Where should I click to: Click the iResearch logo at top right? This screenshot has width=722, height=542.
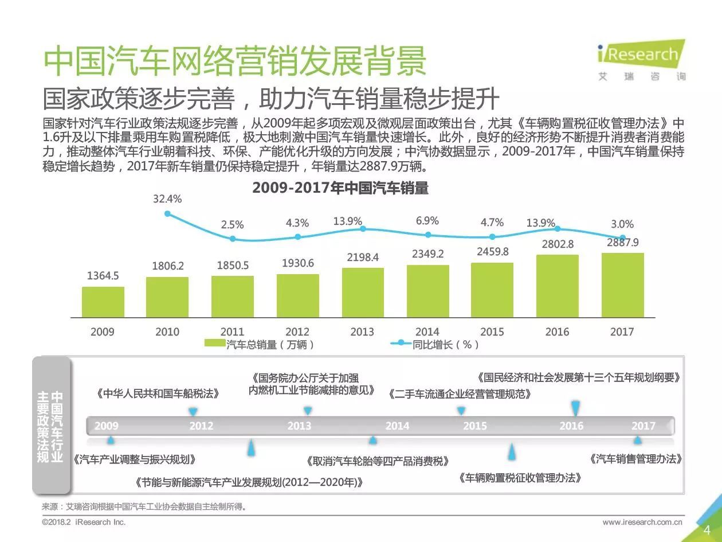[x=641, y=59]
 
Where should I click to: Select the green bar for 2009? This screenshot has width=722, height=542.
[x=103, y=302]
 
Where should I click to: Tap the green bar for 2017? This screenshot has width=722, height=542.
[x=622, y=285]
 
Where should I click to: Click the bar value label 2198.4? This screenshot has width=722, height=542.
[x=363, y=258]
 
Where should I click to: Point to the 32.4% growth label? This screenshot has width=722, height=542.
[x=167, y=199]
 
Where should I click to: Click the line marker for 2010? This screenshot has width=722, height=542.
[x=167, y=213]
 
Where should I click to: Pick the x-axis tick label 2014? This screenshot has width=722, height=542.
[x=427, y=332]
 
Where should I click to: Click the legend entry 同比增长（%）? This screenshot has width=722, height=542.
[x=435, y=344]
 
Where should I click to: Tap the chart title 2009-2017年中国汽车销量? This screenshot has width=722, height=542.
[x=340, y=188]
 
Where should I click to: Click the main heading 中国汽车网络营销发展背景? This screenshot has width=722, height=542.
[x=236, y=61]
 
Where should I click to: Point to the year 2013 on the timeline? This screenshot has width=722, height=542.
[x=299, y=426]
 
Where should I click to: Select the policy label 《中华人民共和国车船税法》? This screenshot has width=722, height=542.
[x=158, y=394]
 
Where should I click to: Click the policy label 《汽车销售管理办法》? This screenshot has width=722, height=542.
[x=636, y=459]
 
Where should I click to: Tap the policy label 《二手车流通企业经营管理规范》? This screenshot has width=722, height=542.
[x=459, y=394]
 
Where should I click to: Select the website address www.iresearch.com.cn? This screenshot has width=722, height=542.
[x=642, y=522]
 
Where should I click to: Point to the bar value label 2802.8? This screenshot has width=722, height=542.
[x=558, y=244]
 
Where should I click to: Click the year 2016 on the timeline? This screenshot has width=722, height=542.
[x=571, y=426]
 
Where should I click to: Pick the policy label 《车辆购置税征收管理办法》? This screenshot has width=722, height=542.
[x=520, y=478]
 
